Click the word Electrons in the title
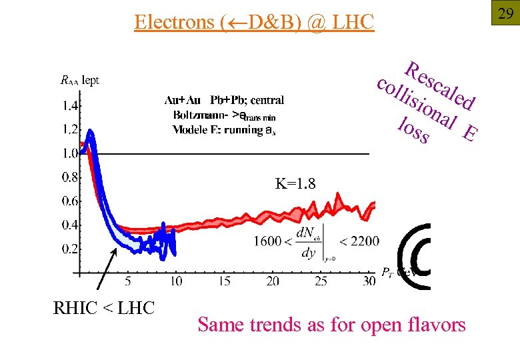click(173, 22)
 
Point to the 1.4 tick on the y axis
click(69, 105)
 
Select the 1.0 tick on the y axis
click(69, 153)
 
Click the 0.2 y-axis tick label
click(69, 249)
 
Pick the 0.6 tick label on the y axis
click(69, 201)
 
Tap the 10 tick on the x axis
click(176, 281)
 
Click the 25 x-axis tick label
click(321, 281)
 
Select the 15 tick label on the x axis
click(225, 281)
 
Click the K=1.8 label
click(295, 183)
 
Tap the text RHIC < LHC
click(103, 308)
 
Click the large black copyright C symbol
click(414, 257)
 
